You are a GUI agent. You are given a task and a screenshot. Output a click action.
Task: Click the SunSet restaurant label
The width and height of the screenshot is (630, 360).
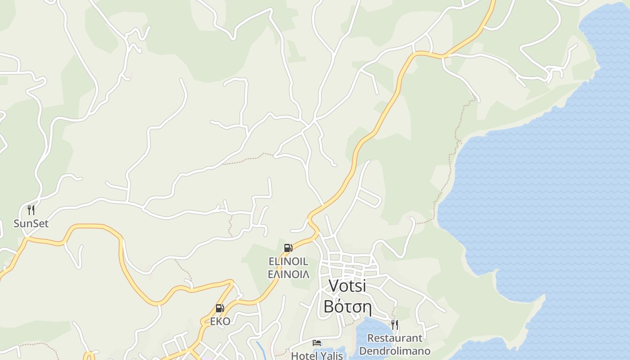pyautogui.click(x=31, y=224)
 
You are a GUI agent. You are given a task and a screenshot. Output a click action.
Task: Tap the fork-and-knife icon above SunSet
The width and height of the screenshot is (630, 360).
pyautogui.click(x=31, y=210)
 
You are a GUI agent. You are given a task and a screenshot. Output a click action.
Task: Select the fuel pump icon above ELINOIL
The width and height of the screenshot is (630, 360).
pyautogui.click(x=288, y=248)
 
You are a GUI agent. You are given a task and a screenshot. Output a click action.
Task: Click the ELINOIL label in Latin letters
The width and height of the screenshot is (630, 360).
pyautogui.click(x=288, y=261)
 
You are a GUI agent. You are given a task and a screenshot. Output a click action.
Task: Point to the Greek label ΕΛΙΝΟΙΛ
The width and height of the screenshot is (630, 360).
pyautogui.click(x=288, y=274)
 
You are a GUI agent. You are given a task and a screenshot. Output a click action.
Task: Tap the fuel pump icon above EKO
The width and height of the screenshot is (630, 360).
pyautogui.click(x=220, y=308)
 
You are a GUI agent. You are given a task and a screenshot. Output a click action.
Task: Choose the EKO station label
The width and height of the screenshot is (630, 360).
pyautogui.click(x=220, y=321)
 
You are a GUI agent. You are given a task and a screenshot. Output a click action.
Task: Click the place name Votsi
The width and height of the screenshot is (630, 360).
pyautogui.click(x=347, y=285)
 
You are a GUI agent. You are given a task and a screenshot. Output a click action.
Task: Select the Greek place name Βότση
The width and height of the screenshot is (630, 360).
pyautogui.click(x=347, y=307)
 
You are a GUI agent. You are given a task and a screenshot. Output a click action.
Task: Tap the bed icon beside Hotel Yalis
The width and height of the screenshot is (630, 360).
pyautogui.click(x=317, y=343)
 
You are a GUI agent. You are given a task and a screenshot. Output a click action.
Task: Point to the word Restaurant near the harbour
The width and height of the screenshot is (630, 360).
pyautogui.click(x=395, y=338)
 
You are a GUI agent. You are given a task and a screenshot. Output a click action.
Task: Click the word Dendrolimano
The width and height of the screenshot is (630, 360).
pyautogui.click(x=395, y=351)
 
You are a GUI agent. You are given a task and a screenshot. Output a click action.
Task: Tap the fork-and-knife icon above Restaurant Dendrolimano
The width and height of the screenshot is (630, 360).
pyautogui.click(x=395, y=324)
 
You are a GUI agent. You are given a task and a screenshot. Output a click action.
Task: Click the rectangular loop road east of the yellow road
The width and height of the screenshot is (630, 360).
pyautogui.click(x=370, y=197)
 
